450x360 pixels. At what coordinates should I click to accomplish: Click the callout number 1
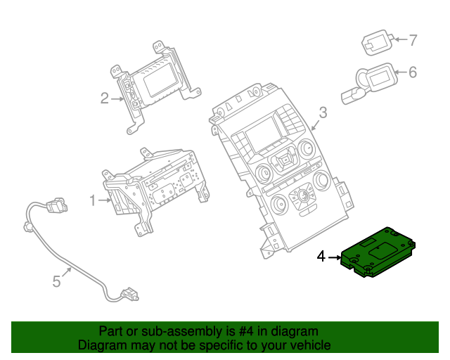(x=92, y=201)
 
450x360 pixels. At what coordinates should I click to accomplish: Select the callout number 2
(x=104, y=98)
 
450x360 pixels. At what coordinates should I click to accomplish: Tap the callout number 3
(x=323, y=112)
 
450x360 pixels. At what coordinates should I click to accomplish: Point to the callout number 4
(x=321, y=257)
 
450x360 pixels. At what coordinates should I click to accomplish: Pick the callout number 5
(x=57, y=282)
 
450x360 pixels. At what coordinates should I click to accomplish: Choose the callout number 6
(x=413, y=72)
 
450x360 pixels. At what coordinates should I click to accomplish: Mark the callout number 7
(x=413, y=39)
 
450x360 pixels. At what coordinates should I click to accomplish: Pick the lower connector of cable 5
(x=128, y=292)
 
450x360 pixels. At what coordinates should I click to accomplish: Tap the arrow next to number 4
(x=334, y=258)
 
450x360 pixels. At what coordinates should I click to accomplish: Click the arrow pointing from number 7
(x=399, y=39)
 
